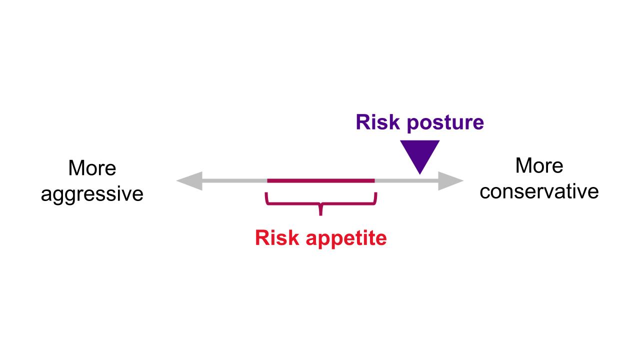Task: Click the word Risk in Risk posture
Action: tap(378, 122)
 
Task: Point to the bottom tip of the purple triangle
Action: tap(420, 173)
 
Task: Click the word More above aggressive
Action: tap(92, 168)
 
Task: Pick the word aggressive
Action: tap(92, 194)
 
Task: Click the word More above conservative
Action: tap(539, 166)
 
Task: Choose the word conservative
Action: tap(539, 191)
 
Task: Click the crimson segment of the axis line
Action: tap(321, 180)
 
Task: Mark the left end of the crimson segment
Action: tap(268, 180)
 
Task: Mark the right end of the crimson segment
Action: tap(374, 180)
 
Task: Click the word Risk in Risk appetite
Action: tap(276, 238)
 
